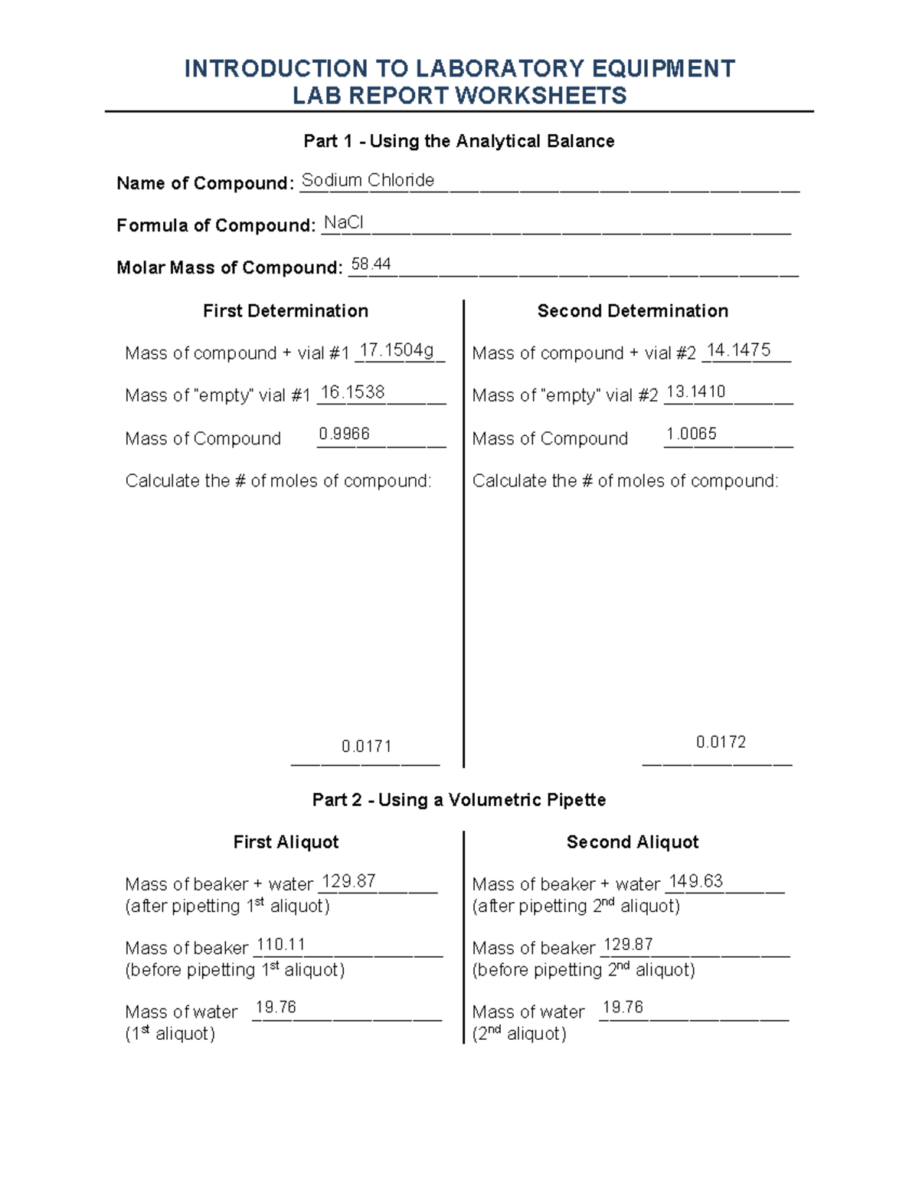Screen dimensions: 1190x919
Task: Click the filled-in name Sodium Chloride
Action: tap(368, 180)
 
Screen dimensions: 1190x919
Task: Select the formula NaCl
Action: tap(343, 222)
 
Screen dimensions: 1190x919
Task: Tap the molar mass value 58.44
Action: tap(371, 264)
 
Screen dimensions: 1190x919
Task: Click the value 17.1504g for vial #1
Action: tap(397, 350)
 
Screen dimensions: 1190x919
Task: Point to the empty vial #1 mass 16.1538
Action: tap(352, 392)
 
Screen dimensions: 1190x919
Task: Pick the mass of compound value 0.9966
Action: tap(344, 434)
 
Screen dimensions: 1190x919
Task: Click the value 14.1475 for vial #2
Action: tap(738, 350)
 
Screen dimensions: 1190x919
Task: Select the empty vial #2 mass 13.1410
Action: tap(695, 392)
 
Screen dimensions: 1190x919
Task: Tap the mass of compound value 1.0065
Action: tap(691, 434)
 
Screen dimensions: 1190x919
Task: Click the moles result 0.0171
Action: tap(366, 746)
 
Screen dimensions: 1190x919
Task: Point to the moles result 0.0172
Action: tap(721, 742)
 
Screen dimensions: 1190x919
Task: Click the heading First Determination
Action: tap(286, 311)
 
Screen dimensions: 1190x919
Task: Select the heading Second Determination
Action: tap(633, 311)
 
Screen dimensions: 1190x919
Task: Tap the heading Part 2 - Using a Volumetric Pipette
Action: tap(459, 800)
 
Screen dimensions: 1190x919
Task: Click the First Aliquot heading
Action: tap(286, 842)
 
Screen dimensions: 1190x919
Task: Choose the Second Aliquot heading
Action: tap(633, 842)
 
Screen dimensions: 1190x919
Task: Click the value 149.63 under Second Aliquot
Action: tap(695, 881)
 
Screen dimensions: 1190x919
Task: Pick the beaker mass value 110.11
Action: tap(280, 945)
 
